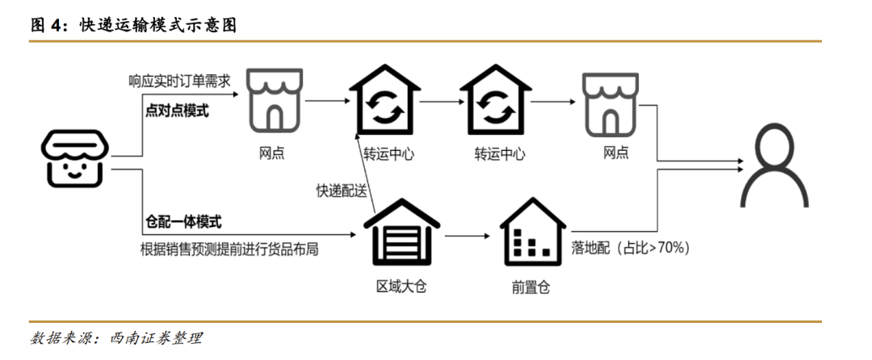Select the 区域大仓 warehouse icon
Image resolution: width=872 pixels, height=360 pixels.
point(401,233)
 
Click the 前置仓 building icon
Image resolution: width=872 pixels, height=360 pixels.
point(530,233)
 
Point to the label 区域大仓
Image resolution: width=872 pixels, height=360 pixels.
point(401,287)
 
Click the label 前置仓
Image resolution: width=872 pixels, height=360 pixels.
point(530,287)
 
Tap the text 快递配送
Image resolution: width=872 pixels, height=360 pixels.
point(342,191)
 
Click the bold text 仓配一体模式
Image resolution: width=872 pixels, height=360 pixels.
point(183,222)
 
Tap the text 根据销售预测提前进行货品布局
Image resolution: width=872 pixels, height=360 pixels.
point(229,249)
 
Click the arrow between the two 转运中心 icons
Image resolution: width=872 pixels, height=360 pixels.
point(438,102)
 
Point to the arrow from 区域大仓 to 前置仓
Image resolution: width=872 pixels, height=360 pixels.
point(466,237)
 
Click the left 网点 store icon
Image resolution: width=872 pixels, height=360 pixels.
point(272,102)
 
